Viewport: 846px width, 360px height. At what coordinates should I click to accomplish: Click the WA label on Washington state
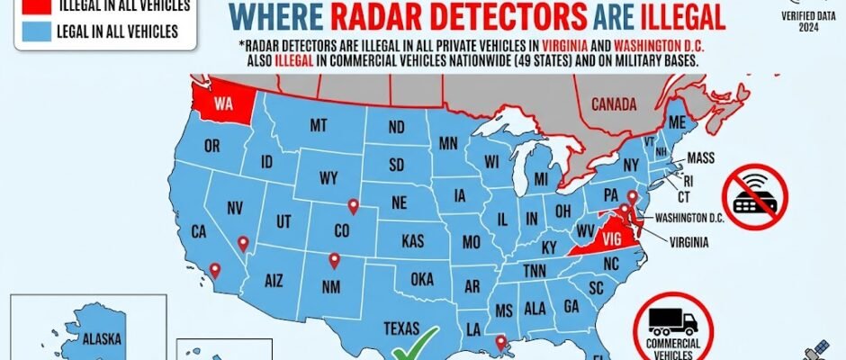click(224, 103)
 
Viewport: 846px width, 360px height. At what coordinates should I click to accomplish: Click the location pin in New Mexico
click(335, 261)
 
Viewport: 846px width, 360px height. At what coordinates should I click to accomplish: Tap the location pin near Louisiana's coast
click(500, 342)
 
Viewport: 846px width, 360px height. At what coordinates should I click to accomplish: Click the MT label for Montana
click(318, 127)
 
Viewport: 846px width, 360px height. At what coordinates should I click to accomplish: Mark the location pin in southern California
click(214, 269)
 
